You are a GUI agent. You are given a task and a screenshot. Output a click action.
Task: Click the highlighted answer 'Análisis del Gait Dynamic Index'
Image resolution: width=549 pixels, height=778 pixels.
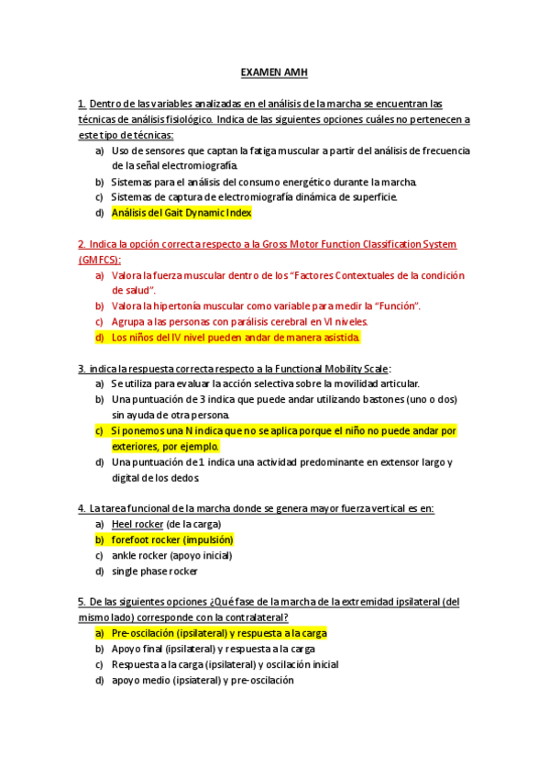pos(181,213)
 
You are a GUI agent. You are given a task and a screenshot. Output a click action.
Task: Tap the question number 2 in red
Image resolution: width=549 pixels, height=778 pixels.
pos(82,244)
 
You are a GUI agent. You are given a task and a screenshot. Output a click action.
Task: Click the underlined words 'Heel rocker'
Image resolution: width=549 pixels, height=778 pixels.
pos(136,524)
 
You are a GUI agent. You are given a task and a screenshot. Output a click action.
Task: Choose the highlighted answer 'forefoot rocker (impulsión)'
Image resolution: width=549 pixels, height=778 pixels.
pos(172,539)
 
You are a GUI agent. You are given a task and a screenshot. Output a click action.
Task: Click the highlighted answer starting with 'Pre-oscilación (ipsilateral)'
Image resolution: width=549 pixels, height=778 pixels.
pos(219,633)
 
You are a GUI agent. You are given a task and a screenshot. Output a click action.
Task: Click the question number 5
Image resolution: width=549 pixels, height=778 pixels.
pos(82,602)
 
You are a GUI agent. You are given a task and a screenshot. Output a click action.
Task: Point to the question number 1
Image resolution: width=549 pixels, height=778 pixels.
pos(82,104)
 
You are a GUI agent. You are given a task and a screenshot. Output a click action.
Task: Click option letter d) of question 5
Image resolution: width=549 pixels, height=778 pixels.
pos(99,680)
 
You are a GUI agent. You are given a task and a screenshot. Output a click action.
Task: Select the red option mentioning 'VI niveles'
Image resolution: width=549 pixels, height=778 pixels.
pos(239,322)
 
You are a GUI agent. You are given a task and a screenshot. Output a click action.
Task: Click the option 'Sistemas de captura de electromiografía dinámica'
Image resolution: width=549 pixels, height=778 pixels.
pos(254,197)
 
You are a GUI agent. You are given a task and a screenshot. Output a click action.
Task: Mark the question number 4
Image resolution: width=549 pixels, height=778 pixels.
pos(82,508)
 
